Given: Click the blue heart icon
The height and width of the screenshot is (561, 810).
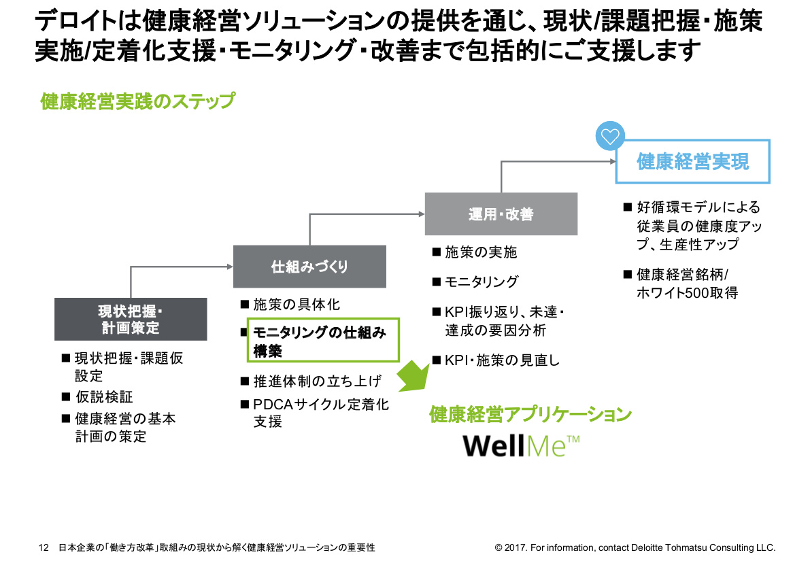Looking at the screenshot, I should click(x=610, y=136).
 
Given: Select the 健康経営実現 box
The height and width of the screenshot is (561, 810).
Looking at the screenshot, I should click(x=692, y=162).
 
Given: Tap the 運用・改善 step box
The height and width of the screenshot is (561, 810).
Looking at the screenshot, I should click(x=501, y=214).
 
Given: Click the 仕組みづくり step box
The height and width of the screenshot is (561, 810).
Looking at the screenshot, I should click(x=309, y=267).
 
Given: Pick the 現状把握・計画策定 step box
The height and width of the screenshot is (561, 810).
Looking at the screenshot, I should click(x=131, y=320).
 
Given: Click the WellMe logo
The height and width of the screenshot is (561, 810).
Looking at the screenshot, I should click(x=520, y=446).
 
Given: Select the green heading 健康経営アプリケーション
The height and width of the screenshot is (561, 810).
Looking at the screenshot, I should click(x=530, y=414).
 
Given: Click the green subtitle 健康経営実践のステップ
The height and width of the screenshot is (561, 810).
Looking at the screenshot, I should click(x=137, y=102).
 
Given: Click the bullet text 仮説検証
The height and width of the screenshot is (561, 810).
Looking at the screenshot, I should click(x=104, y=397).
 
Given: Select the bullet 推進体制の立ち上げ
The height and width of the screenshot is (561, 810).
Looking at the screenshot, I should click(x=317, y=381).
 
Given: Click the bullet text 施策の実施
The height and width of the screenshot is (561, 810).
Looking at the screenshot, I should click(x=481, y=252).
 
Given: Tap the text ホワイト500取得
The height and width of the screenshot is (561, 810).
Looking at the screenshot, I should click(x=687, y=293).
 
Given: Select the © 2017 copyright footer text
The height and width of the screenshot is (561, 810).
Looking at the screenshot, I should click(x=635, y=547).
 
